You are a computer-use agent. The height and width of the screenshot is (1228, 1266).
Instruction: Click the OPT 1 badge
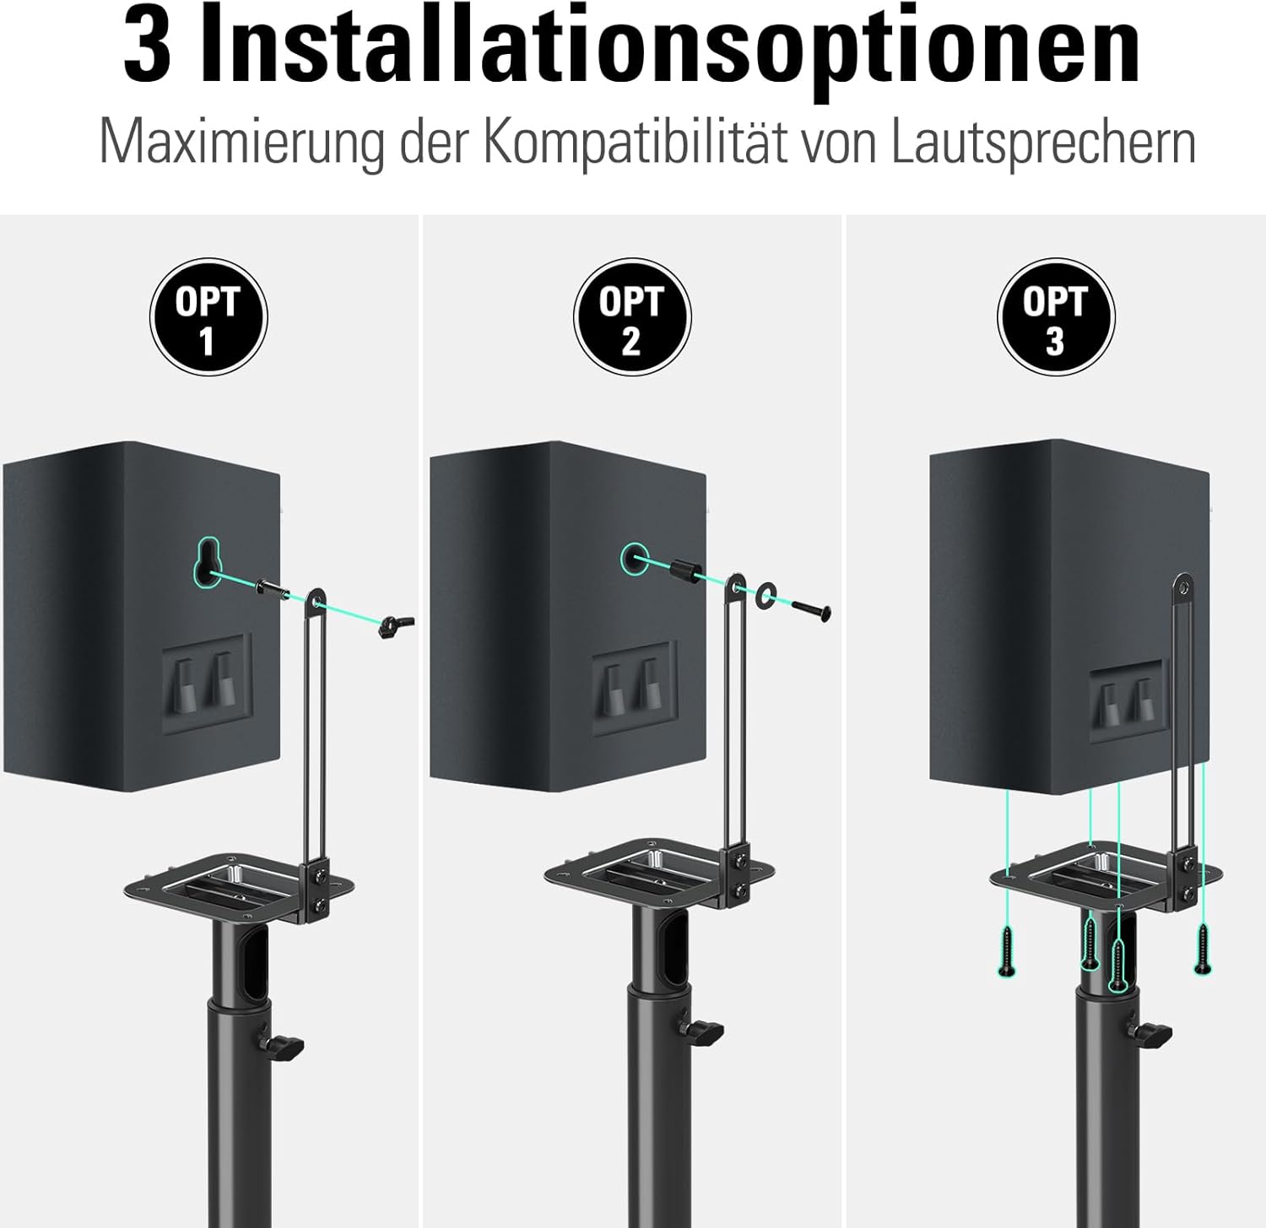coord(208,317)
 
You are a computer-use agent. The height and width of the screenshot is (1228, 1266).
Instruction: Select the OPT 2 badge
coord(632,317)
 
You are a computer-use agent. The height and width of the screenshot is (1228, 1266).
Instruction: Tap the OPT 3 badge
coord(1056,317)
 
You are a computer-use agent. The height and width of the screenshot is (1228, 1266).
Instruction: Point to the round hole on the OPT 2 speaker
coord(636,558)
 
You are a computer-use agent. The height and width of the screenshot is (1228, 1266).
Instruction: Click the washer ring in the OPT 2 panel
coord(766,594)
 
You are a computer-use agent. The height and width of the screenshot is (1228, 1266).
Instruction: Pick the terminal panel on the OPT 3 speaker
coord(1128,701)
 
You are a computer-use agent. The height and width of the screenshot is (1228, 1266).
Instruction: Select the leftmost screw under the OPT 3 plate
coord(1006,951)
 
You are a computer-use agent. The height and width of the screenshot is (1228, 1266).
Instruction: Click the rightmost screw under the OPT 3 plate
coord(1203,949)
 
